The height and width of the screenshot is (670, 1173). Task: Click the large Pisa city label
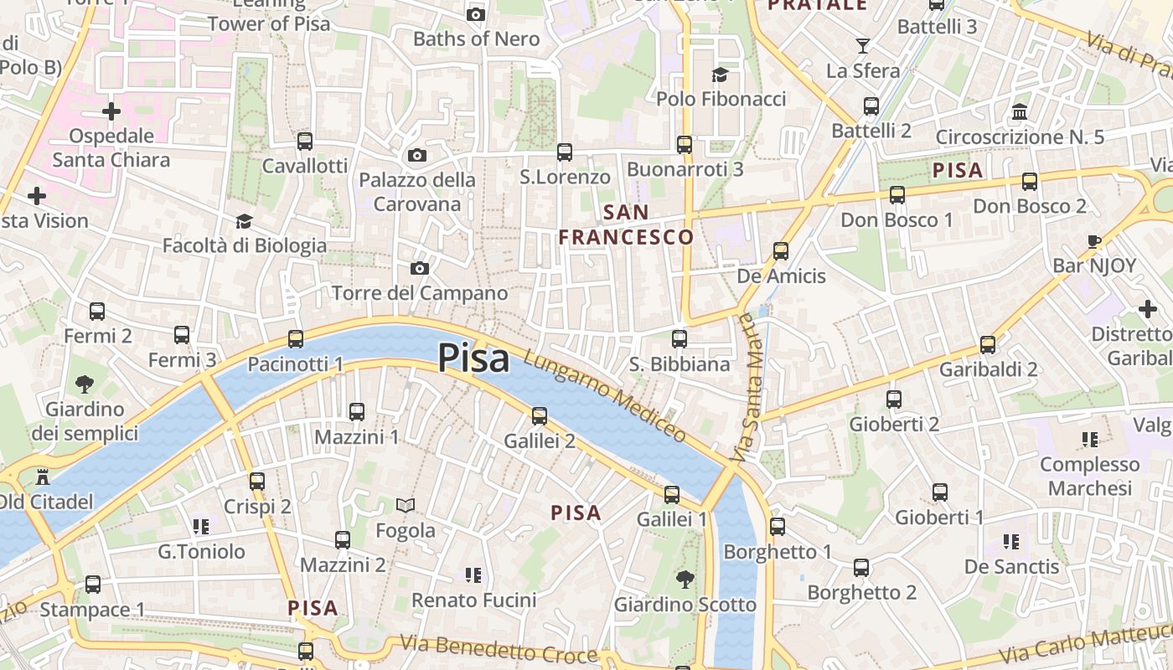coord(473,358)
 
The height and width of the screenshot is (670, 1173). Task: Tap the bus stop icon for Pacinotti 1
coord(296,339)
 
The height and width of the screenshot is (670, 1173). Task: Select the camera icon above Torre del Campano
coord(420,268)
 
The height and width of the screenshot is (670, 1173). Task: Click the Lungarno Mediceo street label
coord(605,396)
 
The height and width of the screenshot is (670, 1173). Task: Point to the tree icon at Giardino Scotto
coord(685,579)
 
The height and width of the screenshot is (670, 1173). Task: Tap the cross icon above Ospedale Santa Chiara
coord(111,111)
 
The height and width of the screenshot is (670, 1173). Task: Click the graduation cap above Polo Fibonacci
coord(720,75)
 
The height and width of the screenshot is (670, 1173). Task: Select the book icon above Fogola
coord(406,505)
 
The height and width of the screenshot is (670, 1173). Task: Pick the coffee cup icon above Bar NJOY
coord(1094,241)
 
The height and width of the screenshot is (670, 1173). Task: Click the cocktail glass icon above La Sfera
coord(862,45)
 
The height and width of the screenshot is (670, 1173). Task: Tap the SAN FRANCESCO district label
coord(626,224)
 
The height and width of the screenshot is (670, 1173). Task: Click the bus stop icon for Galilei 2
coord(540,415)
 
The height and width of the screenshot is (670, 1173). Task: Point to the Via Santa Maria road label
coord(747,389)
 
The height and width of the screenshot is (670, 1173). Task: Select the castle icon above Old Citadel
coord(43,477)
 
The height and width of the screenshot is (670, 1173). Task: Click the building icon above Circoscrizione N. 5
coord(1020,111)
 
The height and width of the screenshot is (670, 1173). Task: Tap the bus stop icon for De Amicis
coord(781,250)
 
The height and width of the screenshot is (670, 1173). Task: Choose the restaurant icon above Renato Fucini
coord(473,575)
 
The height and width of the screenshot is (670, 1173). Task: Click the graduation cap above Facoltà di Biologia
coord(244,221)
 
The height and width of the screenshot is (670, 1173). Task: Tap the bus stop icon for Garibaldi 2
coord(988,344)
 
